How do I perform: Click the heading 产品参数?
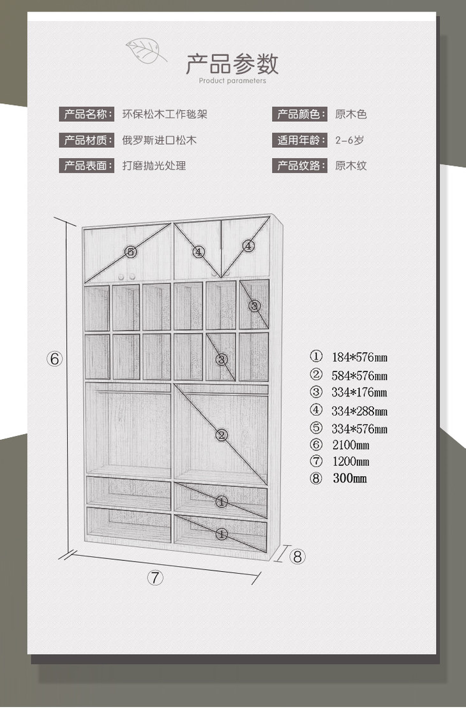pyautogui.click(x=232, y=64)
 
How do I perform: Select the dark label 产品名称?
pyautogui.click(x=87, y=114)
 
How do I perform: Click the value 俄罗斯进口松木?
pyautogui.click(x=160, y=140)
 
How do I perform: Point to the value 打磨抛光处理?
pyautogui.click(x=154, y=166)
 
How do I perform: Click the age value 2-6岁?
pyautogui.click(x=350, y=140)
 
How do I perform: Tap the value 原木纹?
pyautogui.click(x=351, y=166)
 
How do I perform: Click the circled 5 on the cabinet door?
pyautogui.click(x=131, y=252)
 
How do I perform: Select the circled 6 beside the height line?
pyautogui.click(x=54, y=358)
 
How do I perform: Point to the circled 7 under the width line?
pyautogui.click(x=156, y=578)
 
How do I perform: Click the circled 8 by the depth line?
pyautogui.click(x=297, y=556)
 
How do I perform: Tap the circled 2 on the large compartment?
pyautogui.click(x=222, y=435)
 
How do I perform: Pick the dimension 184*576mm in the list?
pyautogui.click(x=359, y=357)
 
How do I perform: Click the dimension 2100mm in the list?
pyautogui.click(x=350, y=445)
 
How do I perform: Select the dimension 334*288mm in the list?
pyautogui.click(x=359, y=411)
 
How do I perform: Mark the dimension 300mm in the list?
pyautogui.click(x=349, y=478)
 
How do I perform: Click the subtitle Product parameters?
pyautogui.click(x=232, y=81)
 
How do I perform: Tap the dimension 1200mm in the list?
pyautogui.click(x=350, y=461)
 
